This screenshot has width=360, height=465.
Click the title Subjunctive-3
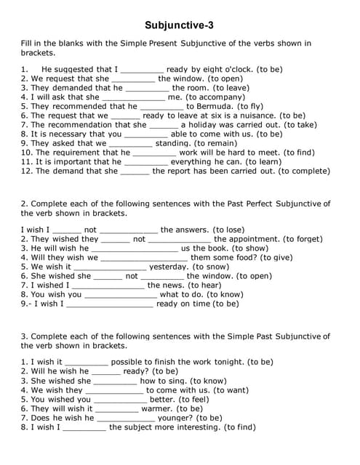(179, 25)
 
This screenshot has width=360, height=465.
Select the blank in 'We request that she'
(133, 78)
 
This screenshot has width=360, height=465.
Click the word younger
(175, 418)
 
